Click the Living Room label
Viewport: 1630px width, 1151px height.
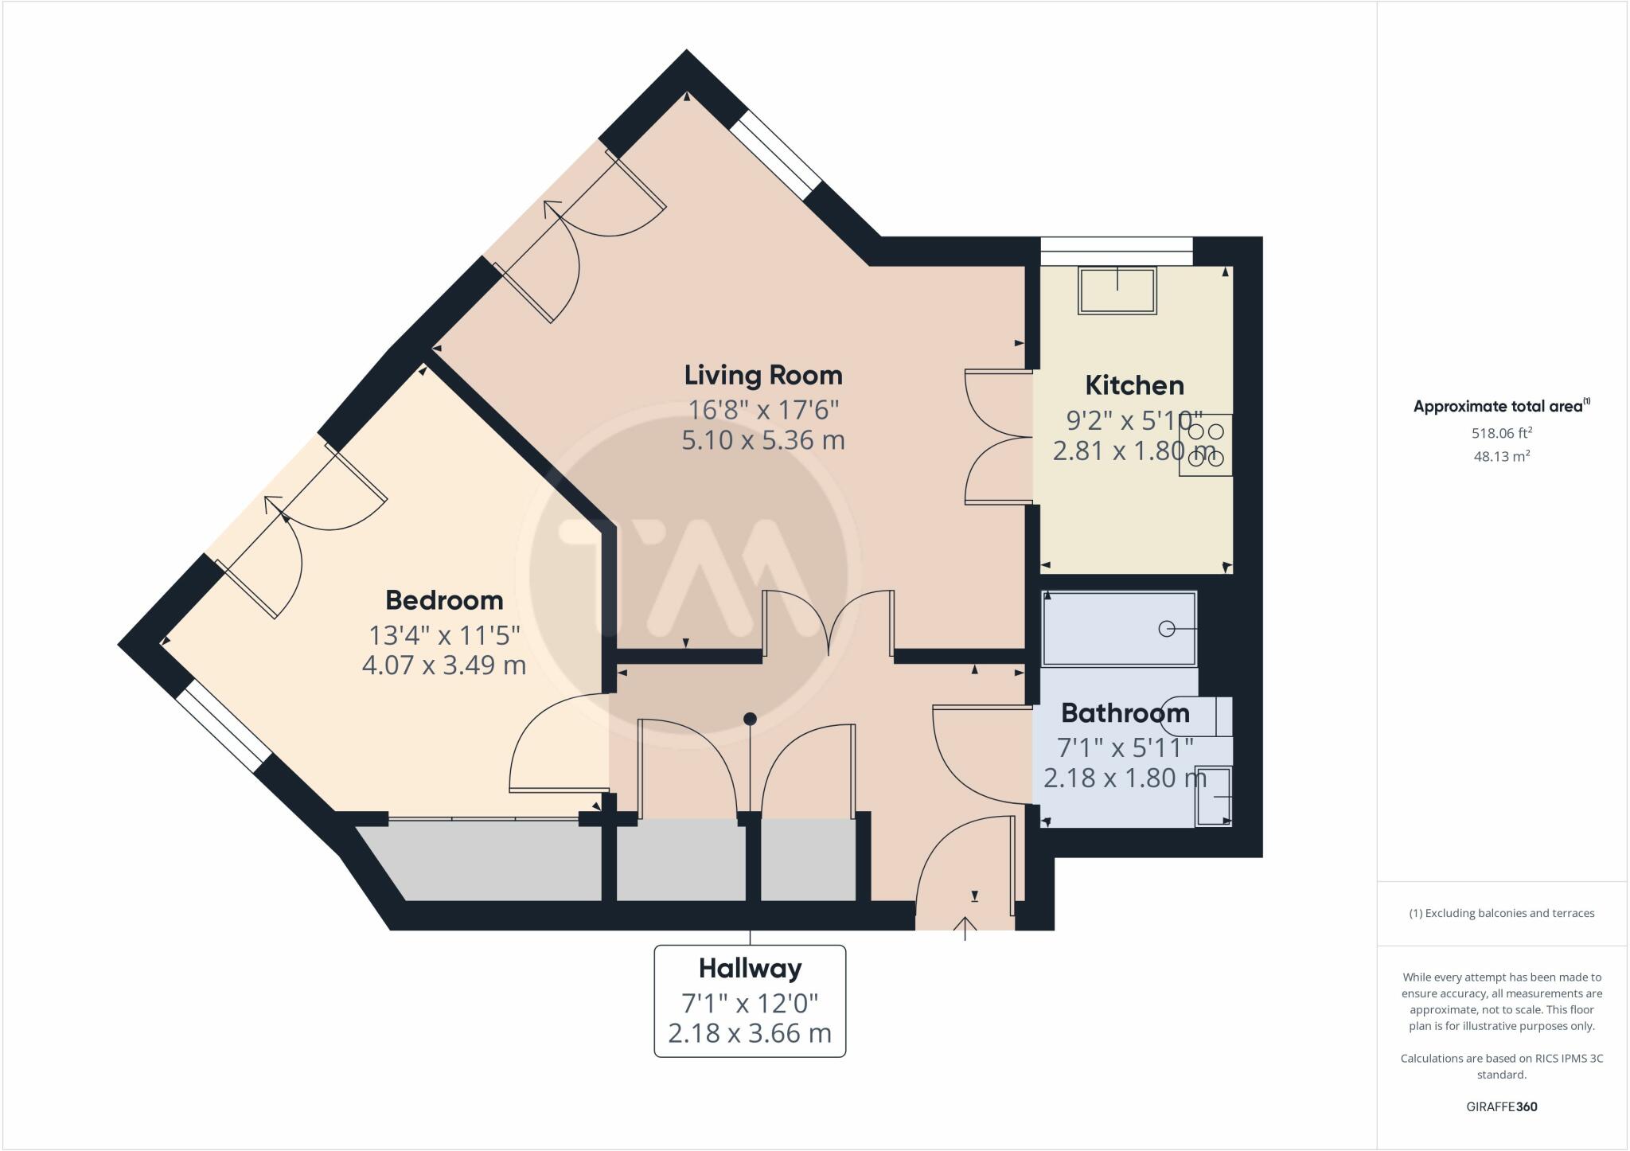pyautogui.click(x=763, y=375)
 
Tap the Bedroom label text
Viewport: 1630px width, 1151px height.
pyautogui.click(x=444, y=599)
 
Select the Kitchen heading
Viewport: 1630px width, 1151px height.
pyautogui.click(x=1134, y=385)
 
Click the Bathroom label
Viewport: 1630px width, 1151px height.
pyautogui.click(x=1125, y=712)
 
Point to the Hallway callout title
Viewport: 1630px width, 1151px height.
pyautogui.click(x=750, y=968)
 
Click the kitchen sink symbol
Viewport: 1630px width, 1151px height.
pyautogui.click(x=1117, y=291)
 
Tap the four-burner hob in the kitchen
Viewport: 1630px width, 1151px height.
pyautogui.click(x=1206, y=445)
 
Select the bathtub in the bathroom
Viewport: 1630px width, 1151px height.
pyautogui.click(x=1119, y=628)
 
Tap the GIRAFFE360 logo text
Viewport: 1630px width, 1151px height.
pyautogui.click(x=1502, y=1106)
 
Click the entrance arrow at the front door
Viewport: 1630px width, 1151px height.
pyautogui.click(x=965, y=927)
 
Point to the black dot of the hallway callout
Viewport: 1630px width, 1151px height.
pyautogui.click(x=750, y=719)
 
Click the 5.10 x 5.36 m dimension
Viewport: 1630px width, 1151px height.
pyautogui.click(x=762, y=439)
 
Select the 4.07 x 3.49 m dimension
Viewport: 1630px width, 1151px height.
pyautogui.click(x=444, y=665)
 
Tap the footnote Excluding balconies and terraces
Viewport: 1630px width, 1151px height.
pyautogui.click(x=1502, y=913)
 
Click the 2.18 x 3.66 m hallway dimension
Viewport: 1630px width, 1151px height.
pyautogui.click(x=750, y=1033)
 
